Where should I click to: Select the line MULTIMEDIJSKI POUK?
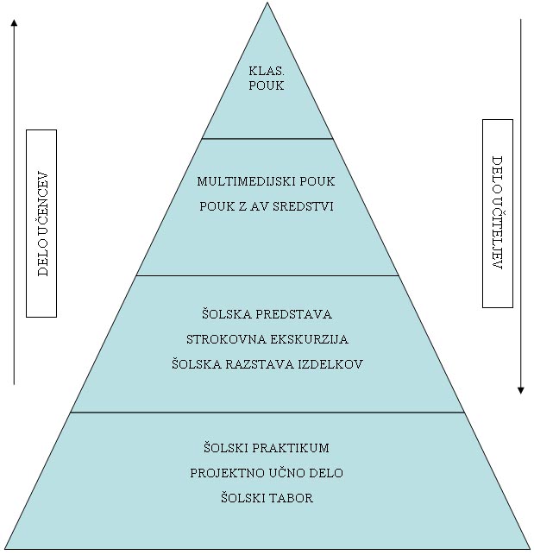(x=266, y=182)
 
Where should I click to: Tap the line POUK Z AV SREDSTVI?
(x=266, y=206)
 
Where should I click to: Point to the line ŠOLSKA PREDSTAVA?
(x=267, y=314)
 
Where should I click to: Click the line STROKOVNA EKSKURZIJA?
(x=267, y=339)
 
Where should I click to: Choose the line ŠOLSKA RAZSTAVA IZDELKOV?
(x=267, y=364)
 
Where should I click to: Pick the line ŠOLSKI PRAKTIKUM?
(x=267, y=448)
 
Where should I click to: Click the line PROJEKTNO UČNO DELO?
(x=267, y=473)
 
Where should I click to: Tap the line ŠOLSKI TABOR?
(x=267, y=498)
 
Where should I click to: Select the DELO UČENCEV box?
(x=41, y=223)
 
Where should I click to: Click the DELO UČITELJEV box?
(x=497, y=213)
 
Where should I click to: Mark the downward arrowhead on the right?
(x=521, y=390)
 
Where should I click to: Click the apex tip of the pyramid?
(x=267, y=3)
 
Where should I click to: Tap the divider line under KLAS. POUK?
(x=267, y=138)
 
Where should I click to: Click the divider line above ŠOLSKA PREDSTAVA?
(x=267, y=275)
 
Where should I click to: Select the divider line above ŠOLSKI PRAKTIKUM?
(x=267, y=413)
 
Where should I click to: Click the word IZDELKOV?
(x=333, y=364)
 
